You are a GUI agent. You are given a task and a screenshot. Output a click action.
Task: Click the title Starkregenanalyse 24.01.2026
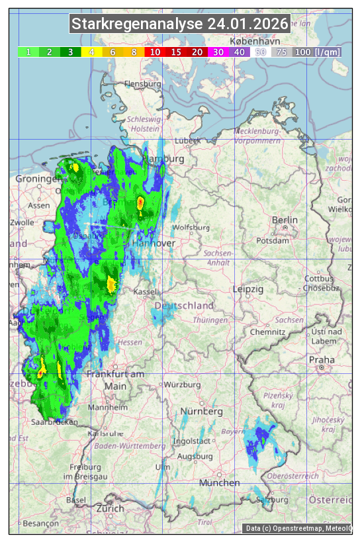[x=180, y=24]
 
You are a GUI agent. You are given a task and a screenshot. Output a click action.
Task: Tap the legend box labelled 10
[x=155, y=52]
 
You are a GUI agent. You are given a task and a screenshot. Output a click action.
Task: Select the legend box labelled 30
[x=218, y=52]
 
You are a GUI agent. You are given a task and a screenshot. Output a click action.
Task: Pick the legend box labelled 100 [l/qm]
[x=317, y=52]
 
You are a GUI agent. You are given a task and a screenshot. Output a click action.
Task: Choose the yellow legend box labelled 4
[x=92, y=52]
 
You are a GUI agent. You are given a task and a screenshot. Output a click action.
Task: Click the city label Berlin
[x=285, y=220]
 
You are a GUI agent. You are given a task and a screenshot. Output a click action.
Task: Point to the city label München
[x=219, y=483]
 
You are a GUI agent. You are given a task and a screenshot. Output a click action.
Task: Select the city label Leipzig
[x=248, y=289]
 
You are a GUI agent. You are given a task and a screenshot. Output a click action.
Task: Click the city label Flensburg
[x=142, y=84]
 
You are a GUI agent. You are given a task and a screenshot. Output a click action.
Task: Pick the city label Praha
[x=322, y=359]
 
